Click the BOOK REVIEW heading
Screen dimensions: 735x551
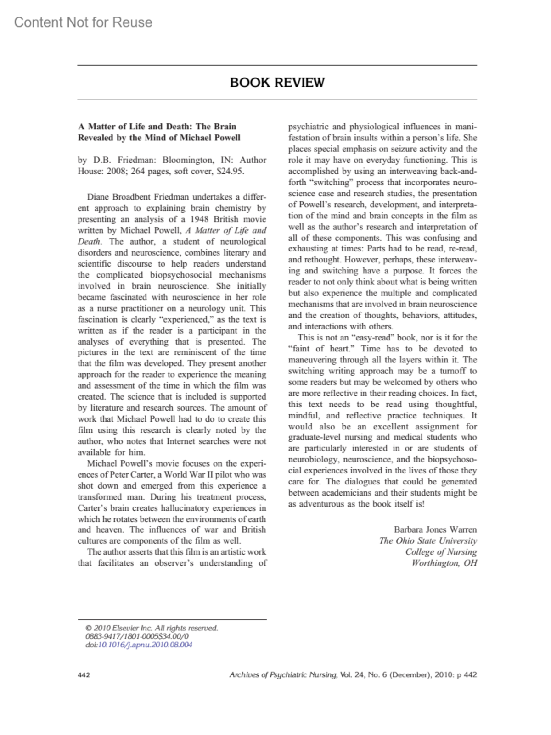click(x=277, y=83)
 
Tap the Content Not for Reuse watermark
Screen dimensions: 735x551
click(x=83, y=22)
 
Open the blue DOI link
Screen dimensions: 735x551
click(x=145, y=645)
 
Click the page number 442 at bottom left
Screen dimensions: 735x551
click(x=84, y=675)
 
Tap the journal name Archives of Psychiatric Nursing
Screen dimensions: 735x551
click(x=283, y=675)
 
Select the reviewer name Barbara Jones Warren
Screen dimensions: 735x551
click(x=435, y=529)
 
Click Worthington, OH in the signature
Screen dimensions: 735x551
click(x=444, y=563)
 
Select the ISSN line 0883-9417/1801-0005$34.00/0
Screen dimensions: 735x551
click(x=137, y=636)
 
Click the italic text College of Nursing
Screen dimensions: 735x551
click(x=441, y=552)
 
